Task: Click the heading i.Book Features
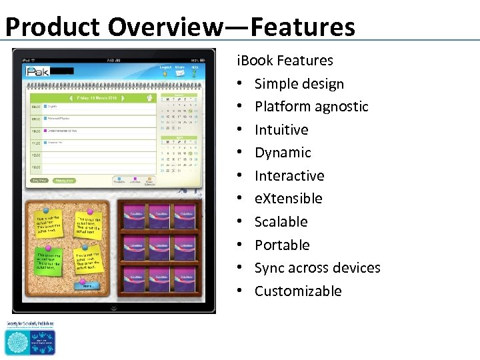click(285, 61)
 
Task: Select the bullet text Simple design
click(299, 84)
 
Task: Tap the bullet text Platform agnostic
click(311, 107)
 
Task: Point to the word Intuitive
click(281, 130)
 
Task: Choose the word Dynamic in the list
click(283, 153)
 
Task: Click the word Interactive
click(289, 176)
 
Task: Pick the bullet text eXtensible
click(288, 199)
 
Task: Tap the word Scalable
click(281, 222)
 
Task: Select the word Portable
click(282, 245)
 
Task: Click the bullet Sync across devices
click(317, 268)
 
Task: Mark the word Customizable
click(298, 291)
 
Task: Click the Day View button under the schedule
click(40, 180)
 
